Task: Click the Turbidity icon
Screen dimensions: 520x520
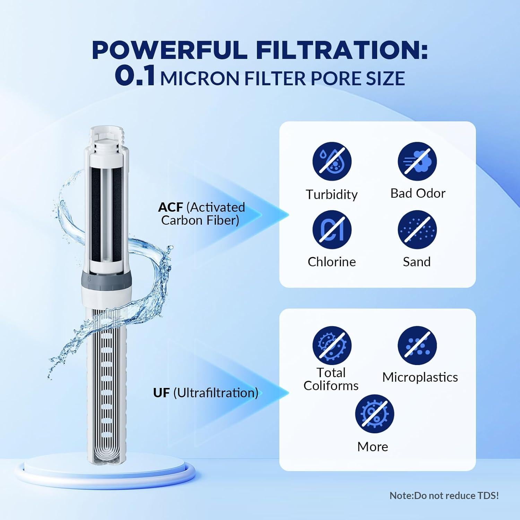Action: (x=332, y=161)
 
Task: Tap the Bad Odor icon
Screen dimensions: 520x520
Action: (x=417, y=161)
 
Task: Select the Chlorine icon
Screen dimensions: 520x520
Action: (x=332, y=230)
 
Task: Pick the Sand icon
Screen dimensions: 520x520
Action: (x=417, y=230)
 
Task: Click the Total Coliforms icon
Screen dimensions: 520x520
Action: (x=332, y=345)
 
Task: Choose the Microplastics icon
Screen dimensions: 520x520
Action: (x=417, y=345)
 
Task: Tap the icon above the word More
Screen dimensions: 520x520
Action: (x=374, y=414)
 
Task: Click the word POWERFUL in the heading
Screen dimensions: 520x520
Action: (x=169, y=51)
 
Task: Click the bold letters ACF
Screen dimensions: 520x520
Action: (x=170, y=207)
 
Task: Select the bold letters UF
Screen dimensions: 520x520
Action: (x=161, y=393)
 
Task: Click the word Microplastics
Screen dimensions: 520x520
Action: (x=420, y=377)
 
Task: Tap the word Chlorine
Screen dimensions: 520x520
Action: (x=332, y=262)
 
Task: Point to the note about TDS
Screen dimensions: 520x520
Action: (x=444, y=496)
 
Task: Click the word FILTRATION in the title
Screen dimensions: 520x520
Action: (x=341, y=51)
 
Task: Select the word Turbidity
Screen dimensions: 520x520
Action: (x=331, y=194)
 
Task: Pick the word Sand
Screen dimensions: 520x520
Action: (x=417, y=262)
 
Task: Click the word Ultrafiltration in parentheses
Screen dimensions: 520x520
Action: (x=216, y=393)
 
